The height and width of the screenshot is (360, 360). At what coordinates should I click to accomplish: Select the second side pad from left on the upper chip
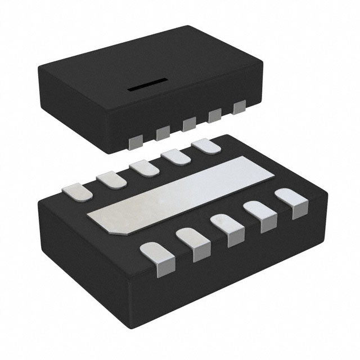pos(163,133)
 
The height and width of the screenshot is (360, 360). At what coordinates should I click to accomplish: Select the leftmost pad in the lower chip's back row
pos(77,191)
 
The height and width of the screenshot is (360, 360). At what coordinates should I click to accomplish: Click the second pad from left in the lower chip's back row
pos(111,179)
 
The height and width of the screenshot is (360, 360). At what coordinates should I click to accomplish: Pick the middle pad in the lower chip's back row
pos(145,168)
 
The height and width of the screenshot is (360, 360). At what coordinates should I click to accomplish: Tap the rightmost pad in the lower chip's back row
pos(206,147)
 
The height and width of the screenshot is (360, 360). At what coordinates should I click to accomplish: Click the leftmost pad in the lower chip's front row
pos(158,258)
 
